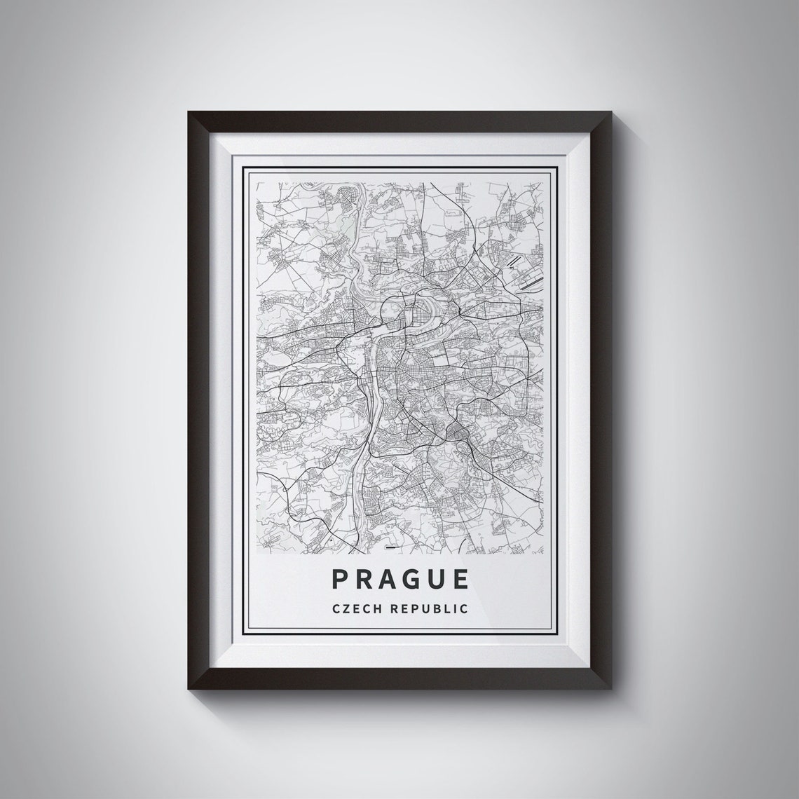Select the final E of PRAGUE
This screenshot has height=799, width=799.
[x=460, y=579]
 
